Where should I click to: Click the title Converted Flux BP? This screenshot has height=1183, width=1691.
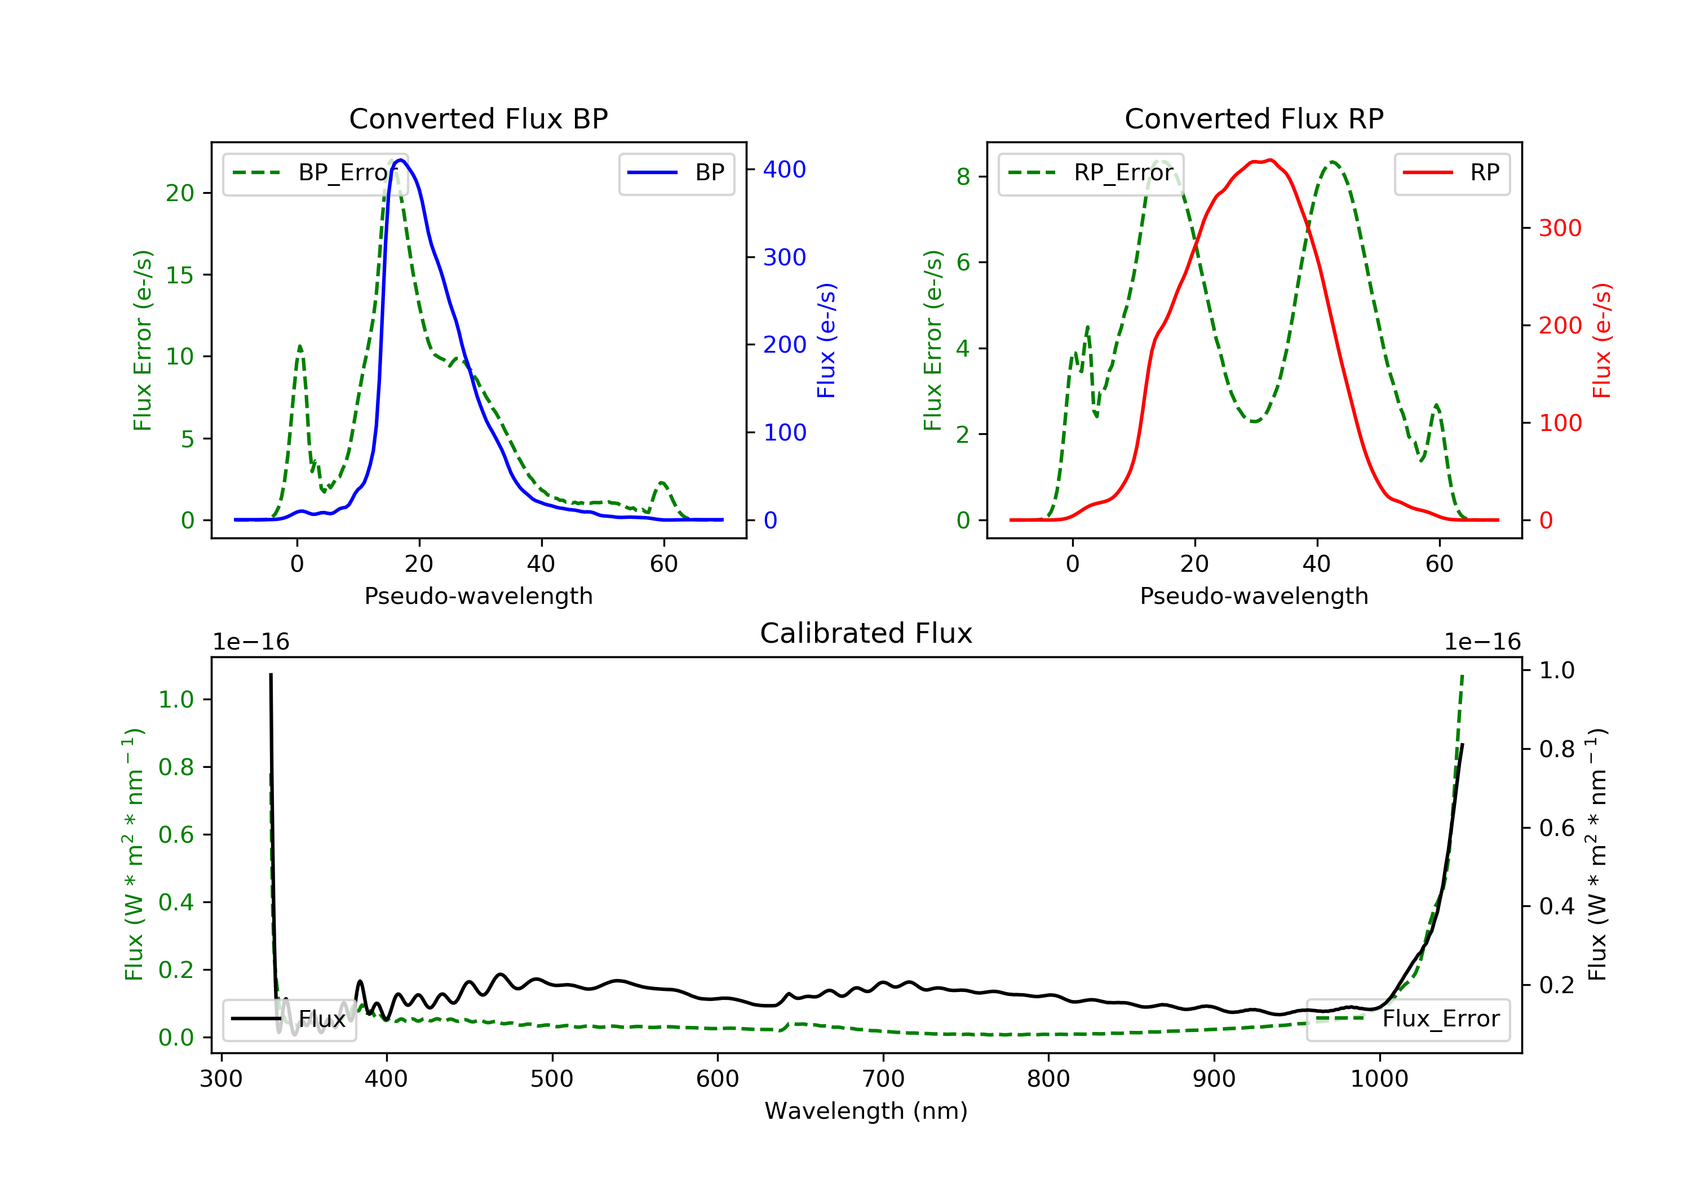click(x=478, y=118)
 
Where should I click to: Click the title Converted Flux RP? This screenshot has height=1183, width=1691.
click(x=1254, y=118)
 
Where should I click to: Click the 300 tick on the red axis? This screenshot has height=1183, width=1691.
click(x=1560, y=228)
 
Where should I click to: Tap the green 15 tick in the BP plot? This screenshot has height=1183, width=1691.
click(x=180, y=275)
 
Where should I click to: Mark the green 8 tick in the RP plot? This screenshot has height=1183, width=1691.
click(x=963, y=177)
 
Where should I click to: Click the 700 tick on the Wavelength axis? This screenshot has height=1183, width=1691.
click(x=883, y=1079)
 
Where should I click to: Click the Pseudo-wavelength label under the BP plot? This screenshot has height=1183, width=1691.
click(x=478, y=596)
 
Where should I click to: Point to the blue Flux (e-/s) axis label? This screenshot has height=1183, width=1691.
click(x=826, y=341)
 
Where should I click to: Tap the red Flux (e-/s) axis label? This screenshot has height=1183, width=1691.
click(x=1602, y=341)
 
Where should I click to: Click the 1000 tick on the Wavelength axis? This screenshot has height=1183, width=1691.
click(x=1379, y=1079)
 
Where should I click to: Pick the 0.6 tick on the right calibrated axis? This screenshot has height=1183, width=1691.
click(x=1557, y=828)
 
